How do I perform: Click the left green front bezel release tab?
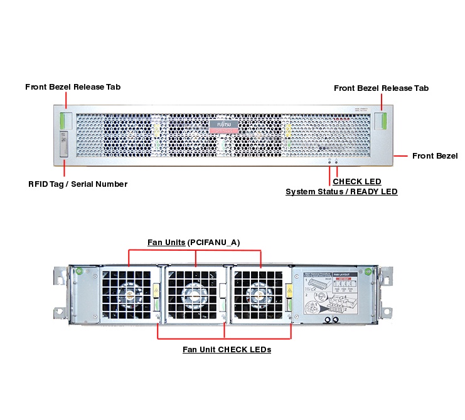[x=65, y=120]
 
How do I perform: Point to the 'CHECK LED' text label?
[x=356, y=182]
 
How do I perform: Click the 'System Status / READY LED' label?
[x=341, y=192]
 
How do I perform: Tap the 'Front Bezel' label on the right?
[x=435, y=156]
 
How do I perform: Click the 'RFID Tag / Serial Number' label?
[x=78, y=184]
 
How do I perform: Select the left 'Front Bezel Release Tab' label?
[x=73, y=87]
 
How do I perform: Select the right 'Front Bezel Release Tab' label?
[x=381, y=88]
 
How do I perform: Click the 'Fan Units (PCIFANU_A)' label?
[x=194, y=242]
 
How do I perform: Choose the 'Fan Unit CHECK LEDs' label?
[x=227, y=349]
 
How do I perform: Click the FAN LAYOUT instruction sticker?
[x=331, y=295]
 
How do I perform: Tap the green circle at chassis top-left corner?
[x=80, y=271]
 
